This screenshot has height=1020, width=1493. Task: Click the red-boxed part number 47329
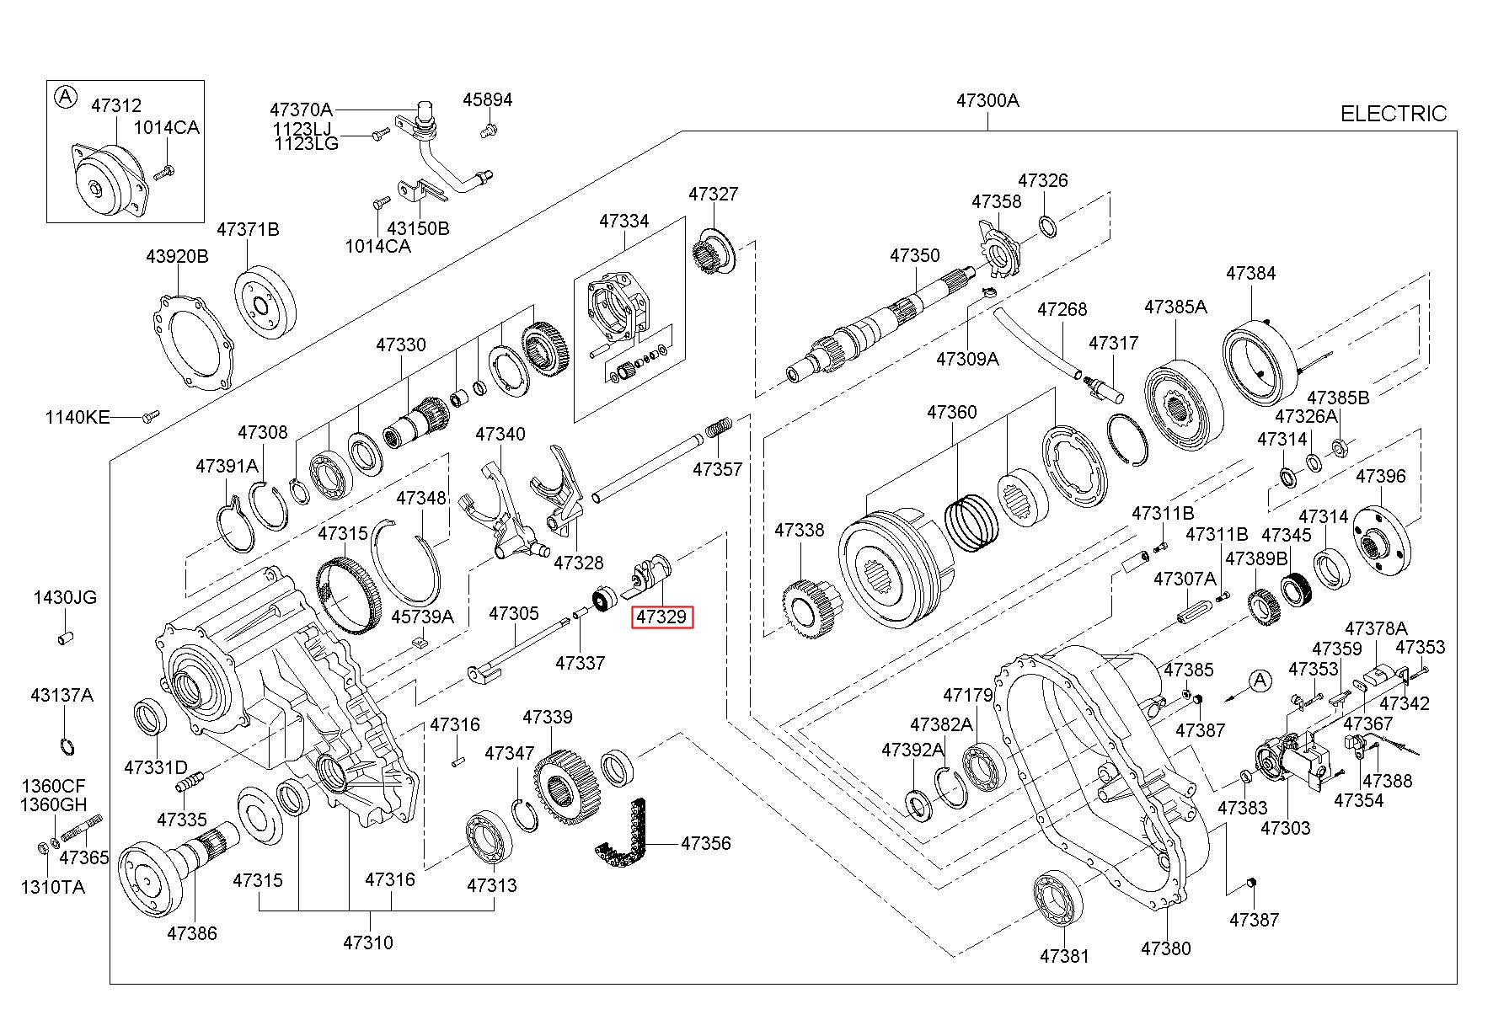coord(661,617)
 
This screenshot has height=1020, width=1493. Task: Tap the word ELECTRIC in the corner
coord(1393,114)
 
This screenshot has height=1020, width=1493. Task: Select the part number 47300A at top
coord(987,100)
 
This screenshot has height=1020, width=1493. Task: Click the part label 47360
coord(952,412)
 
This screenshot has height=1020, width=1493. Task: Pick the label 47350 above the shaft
coord(915,255)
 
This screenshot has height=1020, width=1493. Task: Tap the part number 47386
coord(192,933)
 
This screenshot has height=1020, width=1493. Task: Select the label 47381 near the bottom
coord(1064,956)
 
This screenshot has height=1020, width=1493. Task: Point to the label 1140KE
coord(78,417)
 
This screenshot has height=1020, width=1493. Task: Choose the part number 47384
coord(1251,273)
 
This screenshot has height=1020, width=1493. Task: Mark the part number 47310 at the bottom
coord(368,943)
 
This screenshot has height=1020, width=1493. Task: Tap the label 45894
coord(488,99)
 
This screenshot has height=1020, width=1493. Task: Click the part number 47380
coord(1166,948)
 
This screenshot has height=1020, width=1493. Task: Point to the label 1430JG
coord(65,597)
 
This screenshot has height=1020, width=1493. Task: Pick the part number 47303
coord(1286,828)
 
